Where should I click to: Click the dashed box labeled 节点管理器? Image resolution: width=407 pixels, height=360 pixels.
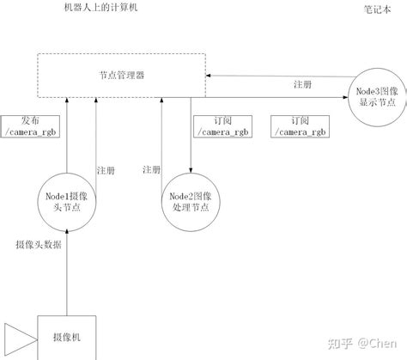(x=121, y=75)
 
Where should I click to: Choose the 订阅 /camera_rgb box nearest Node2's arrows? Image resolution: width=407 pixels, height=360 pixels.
(x=224, y=126)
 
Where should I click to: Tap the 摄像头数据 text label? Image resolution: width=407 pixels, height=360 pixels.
(x=39, y=245)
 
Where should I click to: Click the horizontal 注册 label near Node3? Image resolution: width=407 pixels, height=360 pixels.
(x=302, y=84)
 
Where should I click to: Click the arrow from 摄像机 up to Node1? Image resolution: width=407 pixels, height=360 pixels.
(x=65, y=271)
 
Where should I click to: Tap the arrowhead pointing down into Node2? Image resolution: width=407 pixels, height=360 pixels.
(x=188, y=171)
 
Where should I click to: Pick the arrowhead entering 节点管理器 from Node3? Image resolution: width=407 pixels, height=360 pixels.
(x=210, y=76)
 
